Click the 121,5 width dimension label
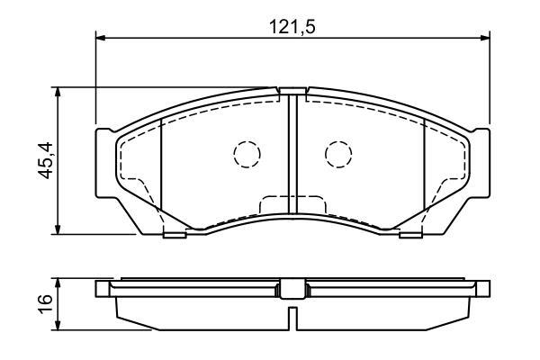292,27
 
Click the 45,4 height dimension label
45,160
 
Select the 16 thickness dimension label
45,303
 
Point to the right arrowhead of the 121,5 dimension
484,38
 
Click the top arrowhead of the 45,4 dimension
58,93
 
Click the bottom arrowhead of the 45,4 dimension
58,229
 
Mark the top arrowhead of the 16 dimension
58,283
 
